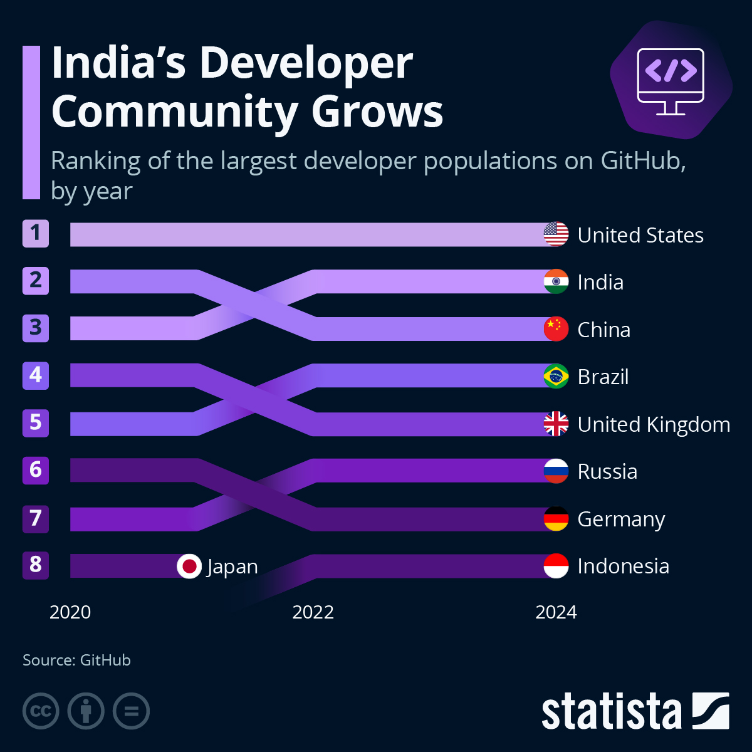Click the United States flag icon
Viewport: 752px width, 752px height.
[556, 234]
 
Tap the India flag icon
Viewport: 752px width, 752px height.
[556, 281]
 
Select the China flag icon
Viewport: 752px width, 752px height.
[556, 329]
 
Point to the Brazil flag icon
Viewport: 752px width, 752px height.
[556, 377]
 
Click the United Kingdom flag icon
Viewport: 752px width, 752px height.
[556, 424]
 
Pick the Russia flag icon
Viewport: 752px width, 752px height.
[556, 471]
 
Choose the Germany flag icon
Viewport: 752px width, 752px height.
[556, 519]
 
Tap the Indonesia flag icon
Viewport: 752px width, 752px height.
[556, 566]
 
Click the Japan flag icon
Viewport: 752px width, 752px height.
[189, 566]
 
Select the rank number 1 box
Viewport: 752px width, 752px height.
[36, 233]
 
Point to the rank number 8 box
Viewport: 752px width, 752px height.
[36, 565]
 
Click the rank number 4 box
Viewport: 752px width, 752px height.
[36, 375]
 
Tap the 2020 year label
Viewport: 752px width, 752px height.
[70, 612]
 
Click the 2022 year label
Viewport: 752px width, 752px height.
[313, 612]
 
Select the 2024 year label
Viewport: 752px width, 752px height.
[556, 612]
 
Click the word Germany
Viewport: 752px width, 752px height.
[620, 520]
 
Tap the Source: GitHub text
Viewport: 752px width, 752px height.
[76, 660]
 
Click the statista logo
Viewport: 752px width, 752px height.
[635, 711]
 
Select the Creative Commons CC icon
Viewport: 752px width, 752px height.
[41, 711]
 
